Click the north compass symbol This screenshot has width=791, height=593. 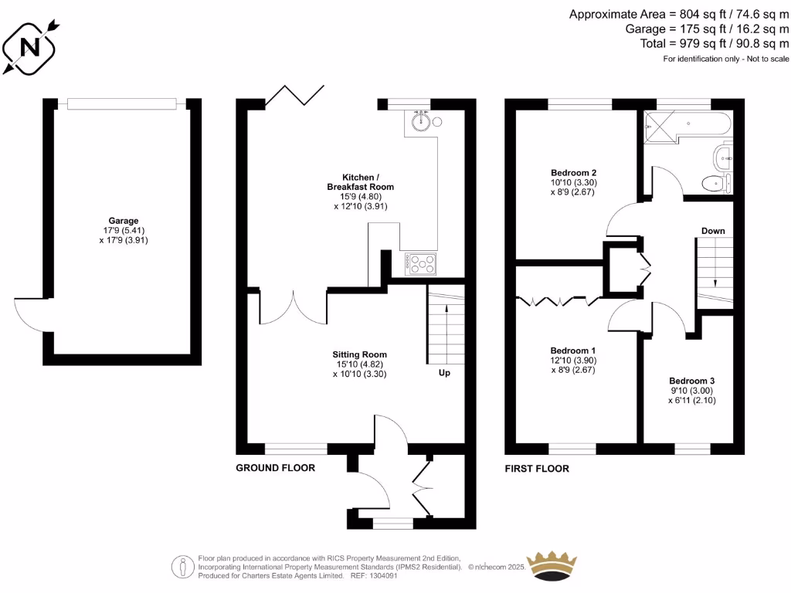tap(31, 46)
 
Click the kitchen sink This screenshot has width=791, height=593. tap(421, 121)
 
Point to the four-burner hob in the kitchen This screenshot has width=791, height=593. tap(421, 263)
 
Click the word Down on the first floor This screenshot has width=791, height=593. tap(713, 231)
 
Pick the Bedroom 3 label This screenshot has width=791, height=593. tap(691, 381)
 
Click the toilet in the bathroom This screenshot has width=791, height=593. tap(715, 183)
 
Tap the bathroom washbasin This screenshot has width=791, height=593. tap(725, 157)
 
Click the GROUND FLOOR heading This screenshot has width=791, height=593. tap(275, 468)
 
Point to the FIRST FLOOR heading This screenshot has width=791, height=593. tap(537, 469)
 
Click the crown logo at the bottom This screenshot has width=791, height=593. tap(552, 566)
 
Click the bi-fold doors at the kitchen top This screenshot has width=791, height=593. tap(294, 94)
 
